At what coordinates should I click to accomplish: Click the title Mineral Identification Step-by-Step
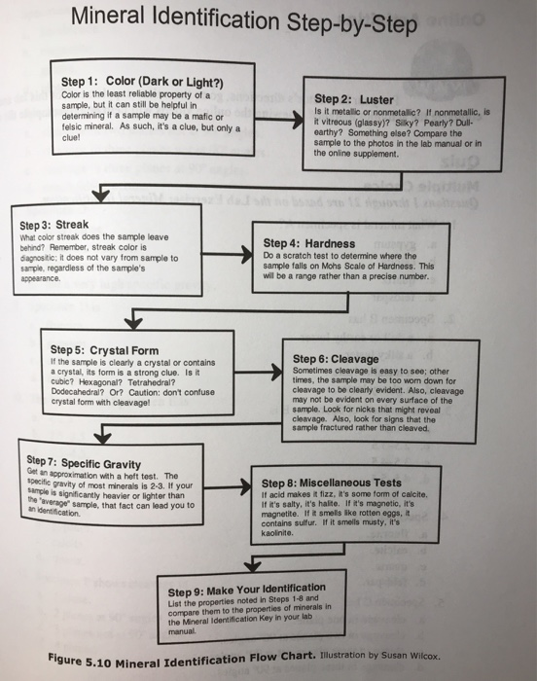pos(244,20)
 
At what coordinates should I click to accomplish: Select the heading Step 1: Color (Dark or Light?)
pos(142,82)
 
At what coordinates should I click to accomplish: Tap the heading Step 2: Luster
pos(354,99)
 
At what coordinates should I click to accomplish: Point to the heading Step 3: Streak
pos(54,225)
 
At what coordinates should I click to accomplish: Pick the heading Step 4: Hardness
pos(309,243)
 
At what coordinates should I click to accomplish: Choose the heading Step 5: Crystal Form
pos(104,350)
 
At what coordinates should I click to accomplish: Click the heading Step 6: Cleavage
pos(336,359)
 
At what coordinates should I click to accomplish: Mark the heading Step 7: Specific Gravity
pos(84,462)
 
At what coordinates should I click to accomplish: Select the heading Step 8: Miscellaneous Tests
pos(331,483)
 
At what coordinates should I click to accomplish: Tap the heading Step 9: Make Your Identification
pos(246,590)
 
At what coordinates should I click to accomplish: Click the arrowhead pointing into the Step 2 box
pos(298,120)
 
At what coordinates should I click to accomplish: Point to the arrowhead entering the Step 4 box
pos(247,254)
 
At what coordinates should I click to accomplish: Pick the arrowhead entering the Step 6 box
pos(276,373)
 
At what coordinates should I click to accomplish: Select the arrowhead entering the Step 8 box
pos(245,486)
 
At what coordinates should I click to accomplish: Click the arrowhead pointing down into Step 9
pos(252,565)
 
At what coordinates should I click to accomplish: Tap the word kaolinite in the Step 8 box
pos(276,532)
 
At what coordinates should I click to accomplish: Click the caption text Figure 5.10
pos(80,662)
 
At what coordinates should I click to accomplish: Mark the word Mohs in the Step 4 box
pos(331,266)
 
